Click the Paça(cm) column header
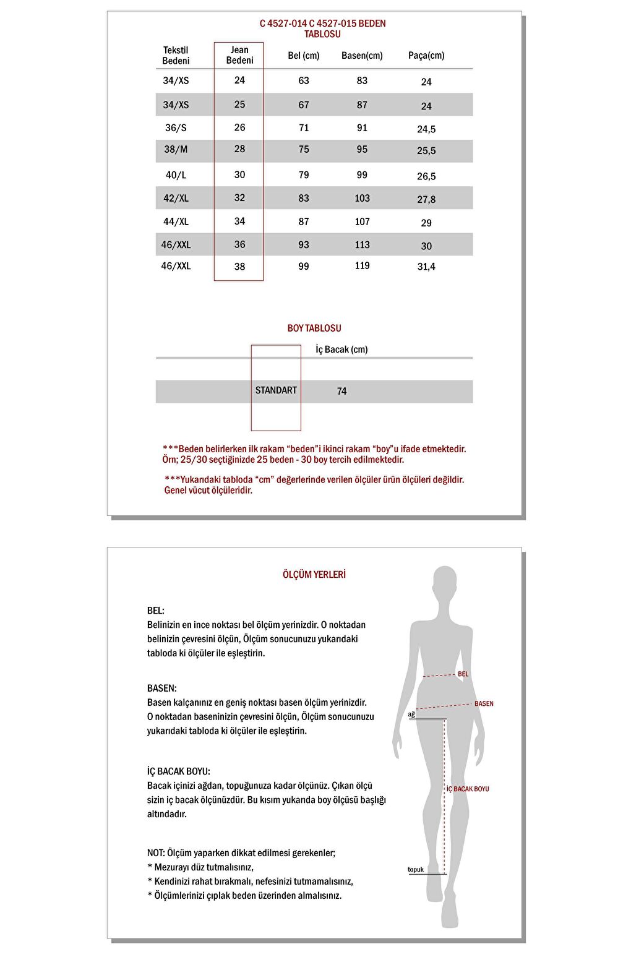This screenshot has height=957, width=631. coord(426,56)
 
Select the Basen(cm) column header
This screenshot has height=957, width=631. coord(362,56)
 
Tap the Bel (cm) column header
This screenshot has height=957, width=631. coord(304,56)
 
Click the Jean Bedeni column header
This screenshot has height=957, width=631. coord(239,55)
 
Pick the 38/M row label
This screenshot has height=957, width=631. coord(176,150)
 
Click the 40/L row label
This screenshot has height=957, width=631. coord(176,175)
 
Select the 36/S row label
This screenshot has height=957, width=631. coord(176,128)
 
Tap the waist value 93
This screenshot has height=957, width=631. coord(304,245)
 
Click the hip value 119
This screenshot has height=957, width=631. coord(363,266)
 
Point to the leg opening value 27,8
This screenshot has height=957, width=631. coord(426,199)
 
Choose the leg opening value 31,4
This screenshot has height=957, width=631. coord(426,267)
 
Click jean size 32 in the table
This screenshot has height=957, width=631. coord(239,198)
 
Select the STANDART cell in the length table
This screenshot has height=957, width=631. coord(276,390)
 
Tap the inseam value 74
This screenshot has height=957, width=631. coord(342,391)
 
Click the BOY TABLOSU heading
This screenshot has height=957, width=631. coord(314,328)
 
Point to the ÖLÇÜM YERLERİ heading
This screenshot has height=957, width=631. coord(314,575)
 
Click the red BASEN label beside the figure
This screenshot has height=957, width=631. coord(484,704)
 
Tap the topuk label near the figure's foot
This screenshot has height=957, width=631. coord(416,870)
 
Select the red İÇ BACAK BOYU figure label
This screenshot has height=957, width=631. coord(468,789)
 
